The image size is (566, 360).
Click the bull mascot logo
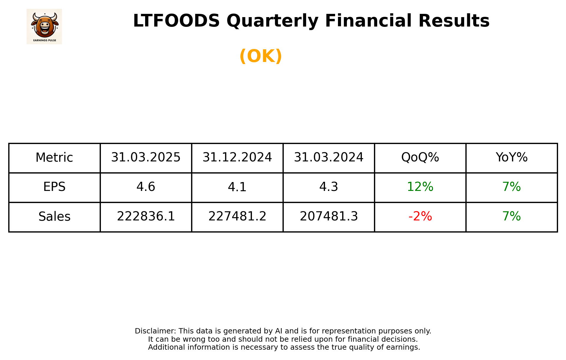pos(44,26)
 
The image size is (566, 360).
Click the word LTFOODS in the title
pos(176,21)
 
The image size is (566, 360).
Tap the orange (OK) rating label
pos(260,56)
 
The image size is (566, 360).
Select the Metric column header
pos(54,158)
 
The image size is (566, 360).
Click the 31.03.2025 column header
pos(146,158)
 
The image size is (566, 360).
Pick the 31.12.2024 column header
pos(237,158)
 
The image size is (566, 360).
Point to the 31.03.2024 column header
pos(329,158)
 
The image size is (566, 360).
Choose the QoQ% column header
pos(420,158)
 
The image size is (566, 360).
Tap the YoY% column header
pos(511,158)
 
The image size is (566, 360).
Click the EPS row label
pos(54,187)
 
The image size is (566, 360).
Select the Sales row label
pos(54,217)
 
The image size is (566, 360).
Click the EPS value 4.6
pos(146,187)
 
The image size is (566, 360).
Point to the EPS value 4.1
pos(237,187)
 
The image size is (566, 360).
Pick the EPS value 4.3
pos(329,187)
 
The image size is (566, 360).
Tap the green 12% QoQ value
pos(420,187)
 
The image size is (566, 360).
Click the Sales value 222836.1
pos(146,217)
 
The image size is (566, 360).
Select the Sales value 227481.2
pos(237,217)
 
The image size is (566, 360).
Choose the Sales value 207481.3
pos(329,217)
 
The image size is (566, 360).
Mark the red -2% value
pos(420,217)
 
